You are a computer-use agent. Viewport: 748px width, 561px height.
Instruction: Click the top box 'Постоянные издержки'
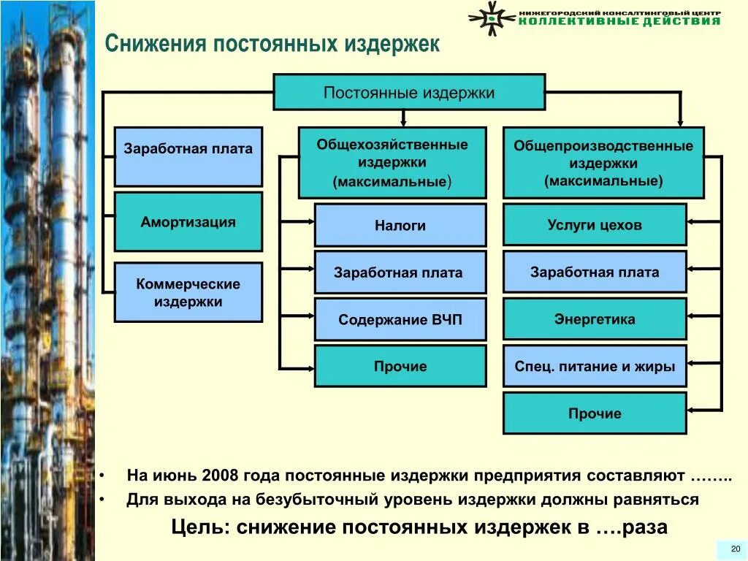409,92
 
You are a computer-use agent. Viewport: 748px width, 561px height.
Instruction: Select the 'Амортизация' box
188,222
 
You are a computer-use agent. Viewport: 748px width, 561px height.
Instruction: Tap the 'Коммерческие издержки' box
188,292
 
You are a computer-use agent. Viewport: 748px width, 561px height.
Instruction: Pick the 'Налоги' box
400,225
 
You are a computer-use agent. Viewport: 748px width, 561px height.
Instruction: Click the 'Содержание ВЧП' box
400,319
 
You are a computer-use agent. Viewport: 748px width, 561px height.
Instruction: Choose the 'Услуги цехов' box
595,224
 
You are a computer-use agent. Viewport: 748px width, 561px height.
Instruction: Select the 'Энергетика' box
595,318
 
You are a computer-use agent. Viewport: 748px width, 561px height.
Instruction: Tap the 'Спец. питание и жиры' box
595,366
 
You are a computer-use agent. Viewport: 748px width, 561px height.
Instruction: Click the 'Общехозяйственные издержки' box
392,162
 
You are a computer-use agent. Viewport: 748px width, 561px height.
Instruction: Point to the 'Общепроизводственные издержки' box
603,162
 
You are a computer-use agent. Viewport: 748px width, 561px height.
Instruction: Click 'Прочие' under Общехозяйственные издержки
400,366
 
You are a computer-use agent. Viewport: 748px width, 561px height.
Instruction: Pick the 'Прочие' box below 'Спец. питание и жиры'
595,413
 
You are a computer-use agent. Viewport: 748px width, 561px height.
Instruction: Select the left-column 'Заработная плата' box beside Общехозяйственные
188,156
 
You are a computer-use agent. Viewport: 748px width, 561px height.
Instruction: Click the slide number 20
735,549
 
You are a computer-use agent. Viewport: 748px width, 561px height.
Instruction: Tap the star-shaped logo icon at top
492,18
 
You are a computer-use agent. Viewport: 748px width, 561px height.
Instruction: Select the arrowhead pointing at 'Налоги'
310,221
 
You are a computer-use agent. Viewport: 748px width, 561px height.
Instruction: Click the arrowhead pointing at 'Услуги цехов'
692,221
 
